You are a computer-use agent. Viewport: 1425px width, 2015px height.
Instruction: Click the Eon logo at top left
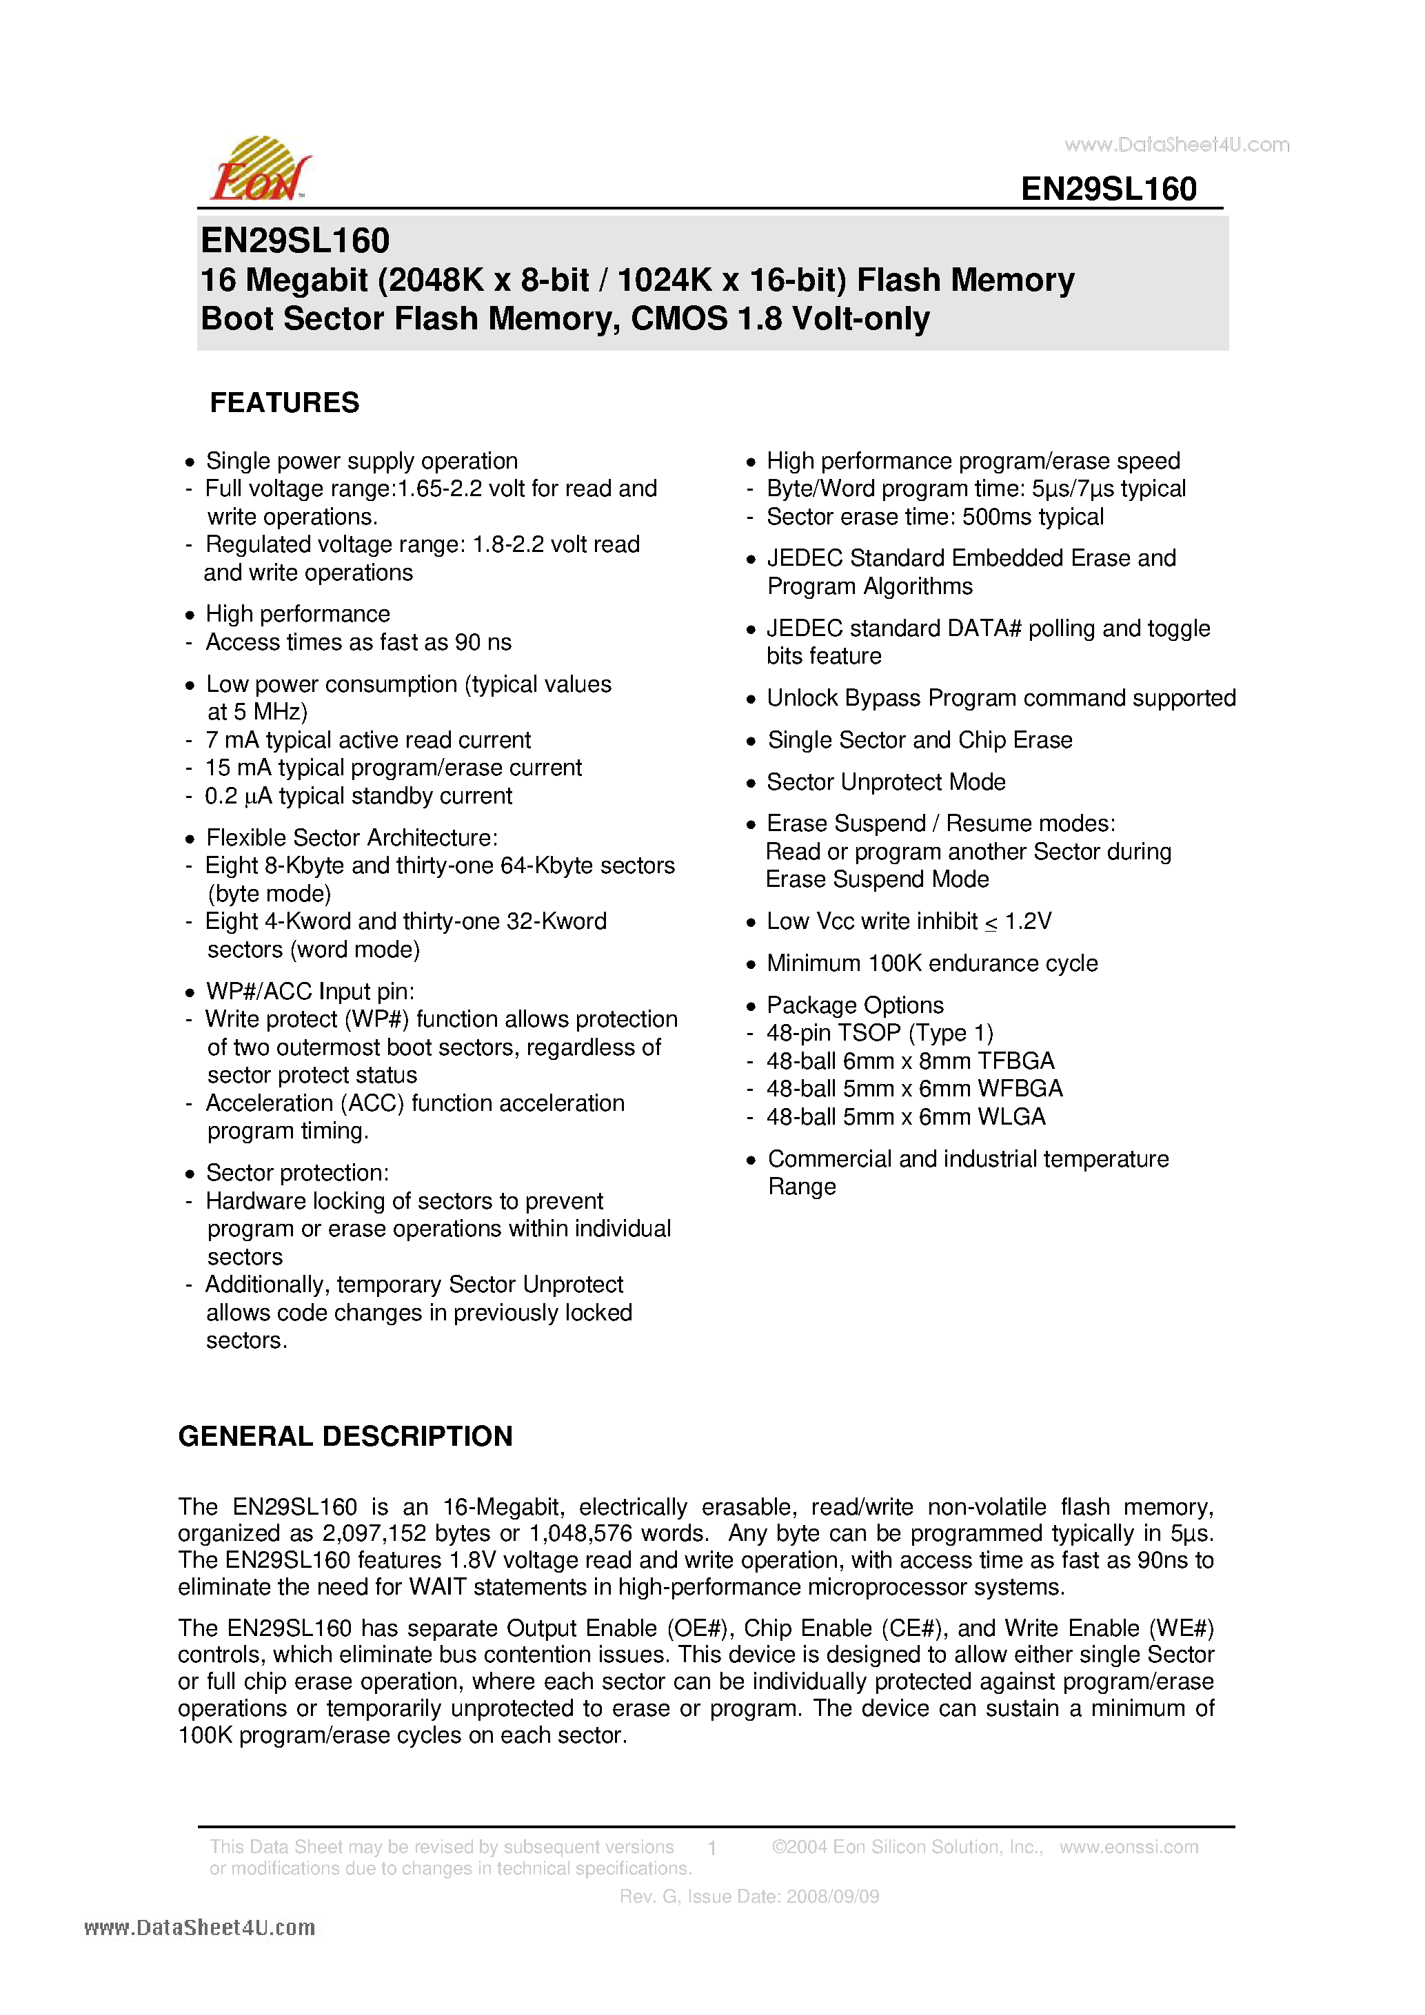point(260,170)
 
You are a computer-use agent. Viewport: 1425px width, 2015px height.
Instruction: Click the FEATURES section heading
point(285,403)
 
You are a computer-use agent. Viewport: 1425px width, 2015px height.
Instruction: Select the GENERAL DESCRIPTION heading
point(345,1435)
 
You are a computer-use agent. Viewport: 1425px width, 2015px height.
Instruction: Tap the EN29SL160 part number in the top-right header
point(1108,189)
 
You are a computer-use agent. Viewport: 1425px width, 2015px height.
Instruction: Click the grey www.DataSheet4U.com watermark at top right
point(1177,145)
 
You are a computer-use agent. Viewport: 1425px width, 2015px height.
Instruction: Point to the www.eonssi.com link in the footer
point(1129,1846)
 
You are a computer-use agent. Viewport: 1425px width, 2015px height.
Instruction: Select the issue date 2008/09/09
point(832,1896)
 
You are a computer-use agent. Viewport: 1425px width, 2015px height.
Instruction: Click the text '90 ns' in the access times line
point(483,642)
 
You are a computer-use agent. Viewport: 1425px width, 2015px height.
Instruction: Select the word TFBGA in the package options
point(1016,1061)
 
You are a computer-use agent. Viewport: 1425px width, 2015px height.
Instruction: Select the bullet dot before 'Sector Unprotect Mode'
point(751,783)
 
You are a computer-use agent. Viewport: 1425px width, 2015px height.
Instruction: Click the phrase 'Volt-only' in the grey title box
point(860,318)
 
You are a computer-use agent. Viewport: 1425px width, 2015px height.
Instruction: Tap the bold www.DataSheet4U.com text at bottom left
point(199,1928)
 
